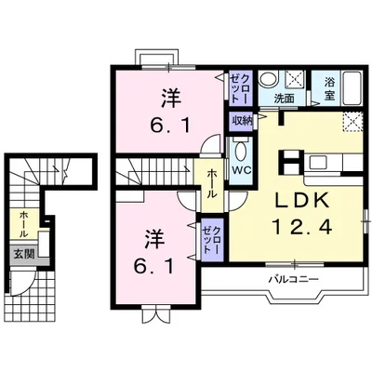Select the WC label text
(242, 171)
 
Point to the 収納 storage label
(241, 120)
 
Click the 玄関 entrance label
(20, 252)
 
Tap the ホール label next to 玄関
(20, 223)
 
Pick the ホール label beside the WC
(213, 182)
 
